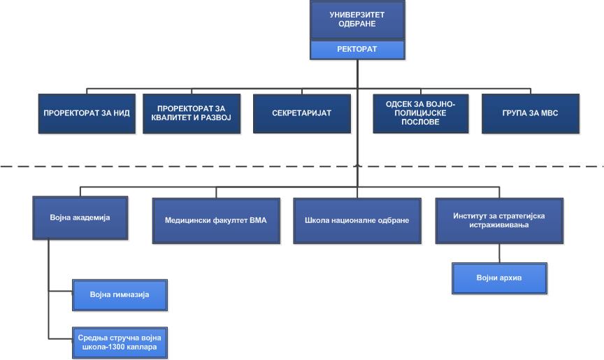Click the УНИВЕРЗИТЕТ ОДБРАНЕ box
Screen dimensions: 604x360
point(357,20)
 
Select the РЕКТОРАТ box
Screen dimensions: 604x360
point(357,50)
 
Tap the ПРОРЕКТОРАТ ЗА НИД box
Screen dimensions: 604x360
point(87,113)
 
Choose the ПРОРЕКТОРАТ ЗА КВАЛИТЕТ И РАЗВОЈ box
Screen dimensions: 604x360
point(192,113)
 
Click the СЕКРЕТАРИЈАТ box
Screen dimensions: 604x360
point(301,113)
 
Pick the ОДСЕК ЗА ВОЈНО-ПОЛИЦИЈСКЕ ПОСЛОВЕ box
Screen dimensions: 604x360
point(421,113)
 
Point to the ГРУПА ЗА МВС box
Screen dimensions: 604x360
point(531,113)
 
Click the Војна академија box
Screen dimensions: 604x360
point(80,218)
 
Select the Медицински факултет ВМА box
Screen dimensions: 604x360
point(216,221)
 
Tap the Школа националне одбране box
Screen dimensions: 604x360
point(357,221)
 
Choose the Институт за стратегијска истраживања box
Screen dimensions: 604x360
point(499,221)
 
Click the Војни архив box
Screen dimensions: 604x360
point(499,278)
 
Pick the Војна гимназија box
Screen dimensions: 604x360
point(120,295)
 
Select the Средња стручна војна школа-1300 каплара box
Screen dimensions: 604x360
point(120,343)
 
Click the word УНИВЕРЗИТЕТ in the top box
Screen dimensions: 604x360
point(357,15)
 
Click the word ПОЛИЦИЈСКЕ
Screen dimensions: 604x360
point(420,113)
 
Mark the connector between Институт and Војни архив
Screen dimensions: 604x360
point(499,253)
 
